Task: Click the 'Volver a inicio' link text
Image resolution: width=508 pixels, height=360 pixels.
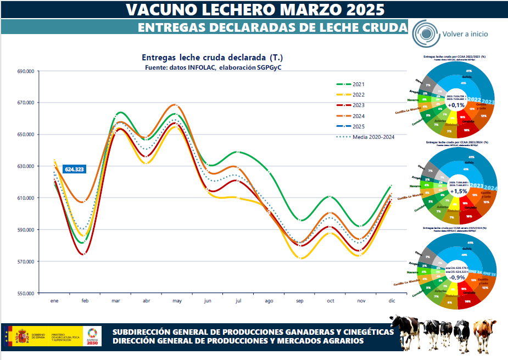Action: point(465,33)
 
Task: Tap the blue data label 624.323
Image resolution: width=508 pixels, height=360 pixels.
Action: point(74,170)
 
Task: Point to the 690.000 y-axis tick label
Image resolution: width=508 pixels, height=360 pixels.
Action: point(26,71)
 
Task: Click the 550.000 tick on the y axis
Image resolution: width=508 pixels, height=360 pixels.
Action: point(26,293)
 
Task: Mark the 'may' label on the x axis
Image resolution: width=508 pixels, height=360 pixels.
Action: point(177,301)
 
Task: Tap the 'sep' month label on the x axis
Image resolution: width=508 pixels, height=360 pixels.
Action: point(300,301)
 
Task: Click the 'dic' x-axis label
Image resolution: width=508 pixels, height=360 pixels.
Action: point(392,301)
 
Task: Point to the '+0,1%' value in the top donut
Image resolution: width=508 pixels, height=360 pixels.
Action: point(456,105)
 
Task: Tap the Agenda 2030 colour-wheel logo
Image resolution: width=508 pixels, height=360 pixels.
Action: point(93,334)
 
